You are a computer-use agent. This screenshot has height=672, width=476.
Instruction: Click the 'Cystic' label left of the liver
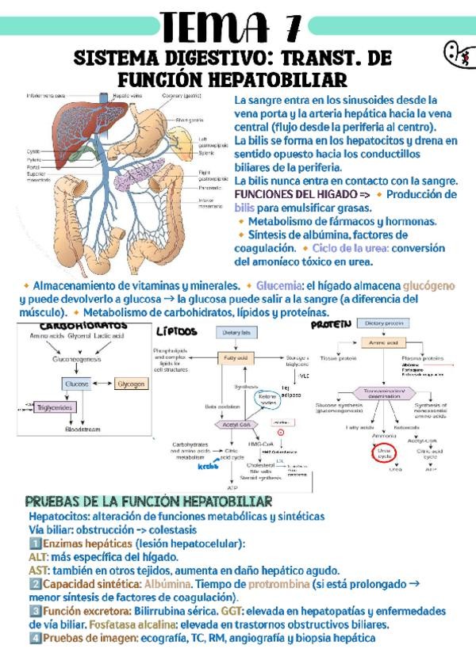tap(33, 151)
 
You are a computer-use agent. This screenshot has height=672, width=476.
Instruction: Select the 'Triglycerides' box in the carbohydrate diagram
tap(54, 407)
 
